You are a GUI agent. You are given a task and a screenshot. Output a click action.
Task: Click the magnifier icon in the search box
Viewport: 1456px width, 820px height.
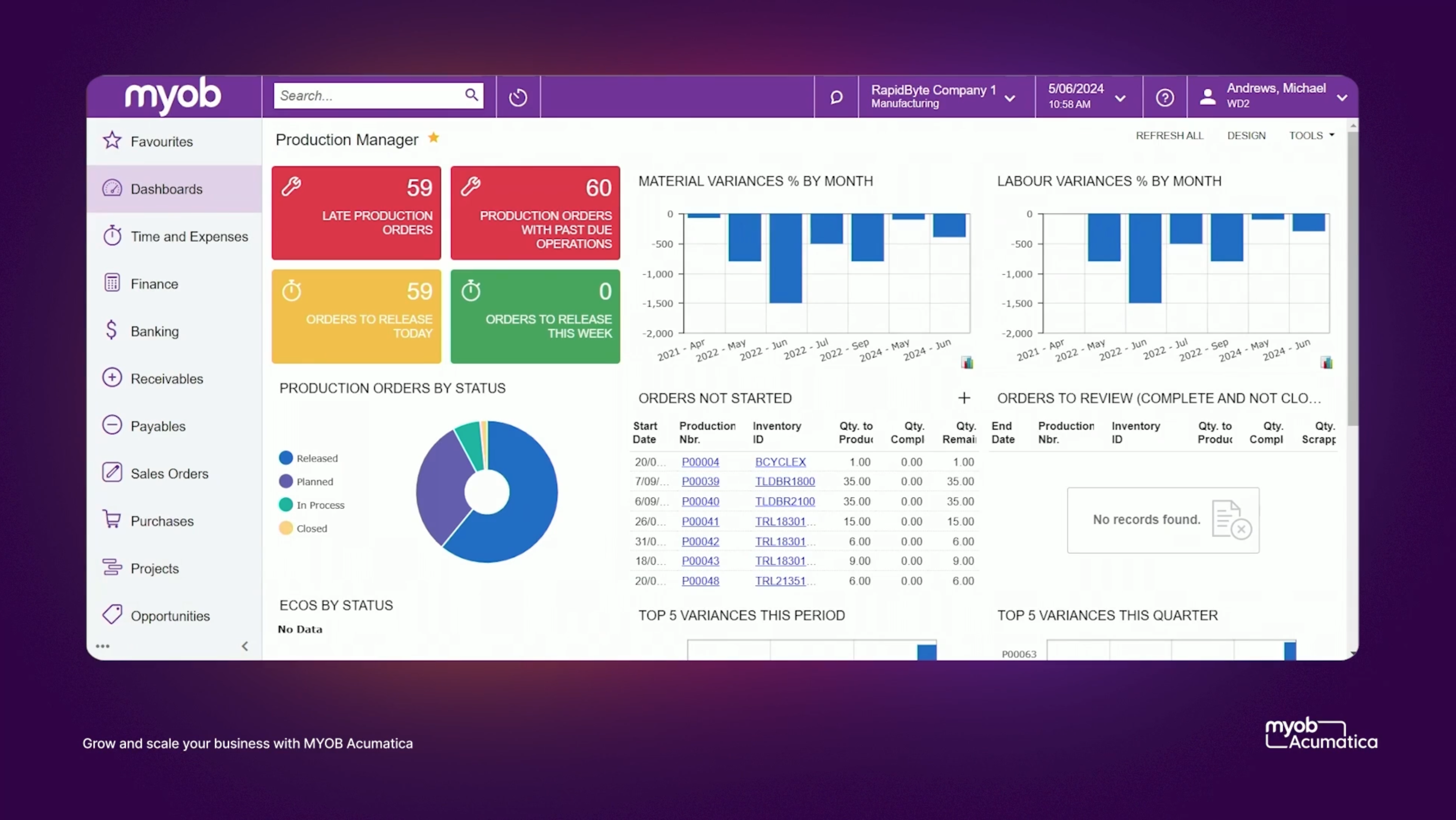[x=471, y=95]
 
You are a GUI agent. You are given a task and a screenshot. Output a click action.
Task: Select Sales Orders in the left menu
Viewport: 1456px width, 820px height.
[x=169, y=473]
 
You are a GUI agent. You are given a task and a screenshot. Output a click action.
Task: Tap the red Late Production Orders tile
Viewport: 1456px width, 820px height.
[x=356, y=213]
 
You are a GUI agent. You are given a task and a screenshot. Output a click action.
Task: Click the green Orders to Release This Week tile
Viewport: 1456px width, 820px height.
[x=535, y=317]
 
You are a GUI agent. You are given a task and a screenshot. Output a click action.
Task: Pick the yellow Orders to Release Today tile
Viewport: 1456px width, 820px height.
[x=356, y=317]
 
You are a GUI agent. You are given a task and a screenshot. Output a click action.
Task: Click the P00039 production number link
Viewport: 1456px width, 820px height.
[x=700, y=481]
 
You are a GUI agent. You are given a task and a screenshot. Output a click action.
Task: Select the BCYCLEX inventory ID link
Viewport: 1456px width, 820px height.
[x=780, y=462]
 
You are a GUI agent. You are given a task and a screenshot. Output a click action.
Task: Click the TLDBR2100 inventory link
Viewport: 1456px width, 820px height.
[x=785, y=501]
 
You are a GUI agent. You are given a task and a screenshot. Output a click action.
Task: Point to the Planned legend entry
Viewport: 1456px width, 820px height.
[x=314, y=481]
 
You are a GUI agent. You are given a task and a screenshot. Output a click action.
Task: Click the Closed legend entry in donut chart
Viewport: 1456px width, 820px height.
[x=312, y=528]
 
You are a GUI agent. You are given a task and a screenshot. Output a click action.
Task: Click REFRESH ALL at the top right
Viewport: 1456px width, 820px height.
[x=1169, y=136]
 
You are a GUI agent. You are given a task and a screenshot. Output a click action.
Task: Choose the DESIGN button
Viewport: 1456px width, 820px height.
[x=1246, y=136]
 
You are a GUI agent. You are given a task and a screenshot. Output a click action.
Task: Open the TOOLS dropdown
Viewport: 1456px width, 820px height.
[x=1311, y=136]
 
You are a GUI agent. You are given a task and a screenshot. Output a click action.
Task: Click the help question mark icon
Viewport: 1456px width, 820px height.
[x=1164, y=97]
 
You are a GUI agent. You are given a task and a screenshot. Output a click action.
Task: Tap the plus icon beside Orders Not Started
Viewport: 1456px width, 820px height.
[x=964, y=398]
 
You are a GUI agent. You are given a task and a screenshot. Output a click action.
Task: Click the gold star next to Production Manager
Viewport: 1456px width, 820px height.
[x=433, y=137]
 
